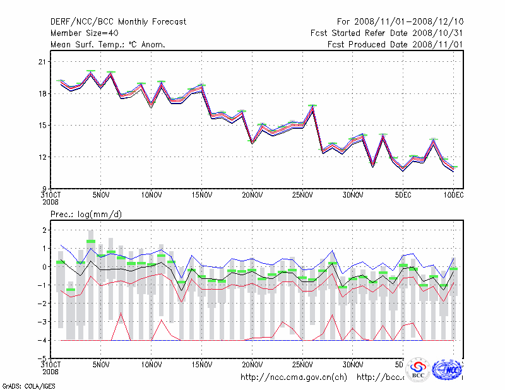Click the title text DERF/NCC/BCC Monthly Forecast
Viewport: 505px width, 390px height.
pos(118,22)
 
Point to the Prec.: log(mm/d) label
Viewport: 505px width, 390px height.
pos(86,215)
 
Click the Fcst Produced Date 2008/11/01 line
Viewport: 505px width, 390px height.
pos(395,45)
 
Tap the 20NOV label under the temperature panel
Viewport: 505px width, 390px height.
pos(252,195)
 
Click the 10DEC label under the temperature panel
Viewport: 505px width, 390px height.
pos(453,195)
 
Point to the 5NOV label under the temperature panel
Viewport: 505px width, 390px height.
pos(101,195)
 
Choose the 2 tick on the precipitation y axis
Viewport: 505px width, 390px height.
pos(45,230)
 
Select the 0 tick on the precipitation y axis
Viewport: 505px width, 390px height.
pos(45,267)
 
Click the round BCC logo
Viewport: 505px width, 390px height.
pos(418,370)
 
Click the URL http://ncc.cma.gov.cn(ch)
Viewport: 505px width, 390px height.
pos(294,377)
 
